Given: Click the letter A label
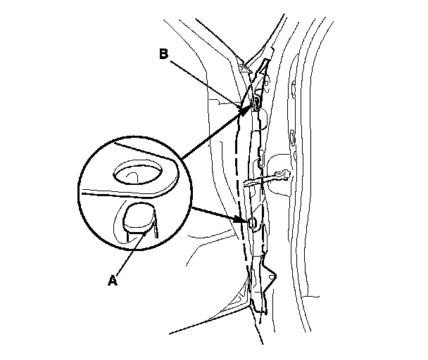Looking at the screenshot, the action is (x=112, y=280).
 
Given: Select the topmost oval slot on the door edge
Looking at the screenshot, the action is (x=291, y=89).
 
